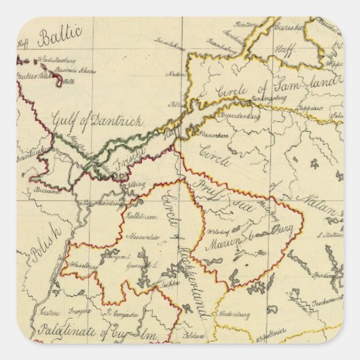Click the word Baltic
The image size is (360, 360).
[x=60, y=35]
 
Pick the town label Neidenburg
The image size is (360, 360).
[x=235, y=314]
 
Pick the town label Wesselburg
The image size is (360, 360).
[x=80, y=266]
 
